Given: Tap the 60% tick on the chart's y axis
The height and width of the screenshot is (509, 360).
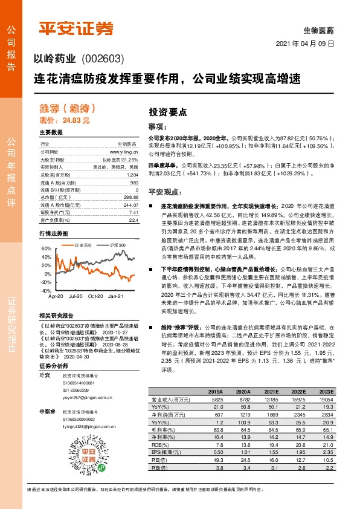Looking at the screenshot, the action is tap(46, 248).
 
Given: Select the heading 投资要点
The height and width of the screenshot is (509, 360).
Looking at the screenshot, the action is tap(167, 112).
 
